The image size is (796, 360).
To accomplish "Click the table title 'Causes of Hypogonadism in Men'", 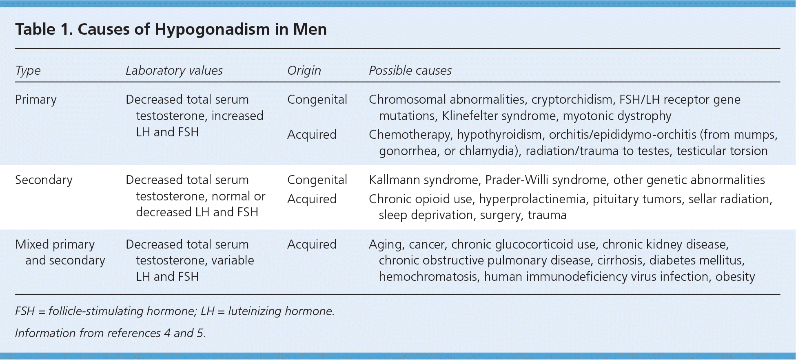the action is [202, 29].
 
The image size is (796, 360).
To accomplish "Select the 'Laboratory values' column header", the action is [174, 71].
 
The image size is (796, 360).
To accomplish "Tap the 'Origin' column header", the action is [304, 71].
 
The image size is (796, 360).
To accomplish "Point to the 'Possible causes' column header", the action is [410, 71].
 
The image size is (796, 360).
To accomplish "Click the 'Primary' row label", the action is [36, 100].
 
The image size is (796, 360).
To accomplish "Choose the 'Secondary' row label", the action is [44, 180].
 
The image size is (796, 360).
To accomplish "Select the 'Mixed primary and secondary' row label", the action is [60, 252].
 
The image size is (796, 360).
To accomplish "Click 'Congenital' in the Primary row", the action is [317, 100].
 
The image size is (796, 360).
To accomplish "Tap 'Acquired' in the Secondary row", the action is [312, 199].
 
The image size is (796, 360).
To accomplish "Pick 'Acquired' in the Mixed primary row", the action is [312, 244].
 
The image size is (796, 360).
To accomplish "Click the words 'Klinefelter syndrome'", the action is [499, 116].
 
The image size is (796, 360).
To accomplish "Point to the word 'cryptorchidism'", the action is [572, 100].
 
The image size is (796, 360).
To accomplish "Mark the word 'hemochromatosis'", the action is [428, 277].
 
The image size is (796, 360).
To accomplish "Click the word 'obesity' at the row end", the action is [735, 277].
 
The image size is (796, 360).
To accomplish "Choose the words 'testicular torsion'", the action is [722, 151].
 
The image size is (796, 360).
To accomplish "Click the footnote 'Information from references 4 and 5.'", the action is [111, 333].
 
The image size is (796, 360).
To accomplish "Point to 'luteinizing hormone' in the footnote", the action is [281, 311].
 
